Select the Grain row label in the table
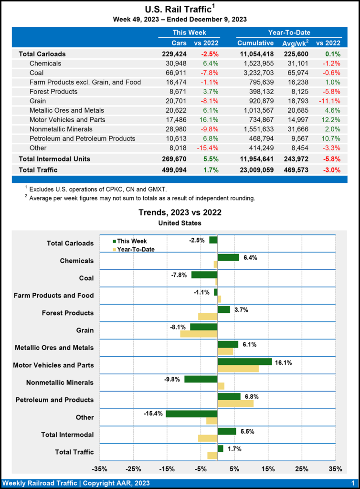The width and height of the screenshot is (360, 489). click(x=39, y=101)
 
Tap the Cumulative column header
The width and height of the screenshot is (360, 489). click(x=255, y=43)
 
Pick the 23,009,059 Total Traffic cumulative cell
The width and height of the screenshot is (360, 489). click(x=255, y=170)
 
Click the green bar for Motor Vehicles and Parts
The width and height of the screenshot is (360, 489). click(x=244, y=361)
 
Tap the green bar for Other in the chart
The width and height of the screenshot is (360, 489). click(x=191, y=414)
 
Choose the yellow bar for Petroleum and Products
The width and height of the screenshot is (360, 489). click(x=235, y=404)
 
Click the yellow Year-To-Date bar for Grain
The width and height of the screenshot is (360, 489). click(x=199, y=334)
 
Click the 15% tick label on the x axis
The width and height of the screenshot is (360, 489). click(x=268, y=468)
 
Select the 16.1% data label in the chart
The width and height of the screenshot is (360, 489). click(x=283, y=362)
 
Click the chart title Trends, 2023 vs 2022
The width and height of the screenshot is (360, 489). click(x=180, y=213)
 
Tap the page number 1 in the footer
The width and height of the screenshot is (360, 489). click(x=352, y=483)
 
